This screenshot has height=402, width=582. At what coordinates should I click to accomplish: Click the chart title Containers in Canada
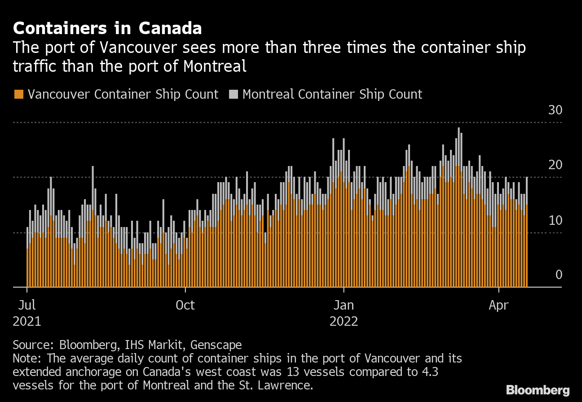tap(107, 29)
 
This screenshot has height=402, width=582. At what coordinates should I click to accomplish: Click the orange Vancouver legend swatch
tap(18, 94)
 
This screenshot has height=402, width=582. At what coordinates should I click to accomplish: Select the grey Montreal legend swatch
tap(234, 94)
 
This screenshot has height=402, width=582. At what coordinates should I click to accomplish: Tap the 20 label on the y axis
tap(555, 165)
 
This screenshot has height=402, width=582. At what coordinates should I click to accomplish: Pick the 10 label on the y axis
tap(555, 220)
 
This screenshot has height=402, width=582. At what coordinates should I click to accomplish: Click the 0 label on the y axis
tap(559, 275)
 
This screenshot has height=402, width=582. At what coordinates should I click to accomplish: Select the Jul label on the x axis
tap(27, 306)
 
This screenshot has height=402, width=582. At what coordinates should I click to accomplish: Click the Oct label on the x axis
tap(185, 306)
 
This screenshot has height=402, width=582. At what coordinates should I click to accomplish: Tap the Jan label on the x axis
tap(344, 306)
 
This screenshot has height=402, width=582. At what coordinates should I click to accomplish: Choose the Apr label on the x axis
tap(498, 306)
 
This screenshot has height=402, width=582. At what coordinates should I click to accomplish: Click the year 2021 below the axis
tap(27, 322)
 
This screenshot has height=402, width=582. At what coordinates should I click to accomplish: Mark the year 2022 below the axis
tap(344, 322)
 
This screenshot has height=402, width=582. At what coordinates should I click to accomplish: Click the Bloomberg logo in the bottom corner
tap(538, 389)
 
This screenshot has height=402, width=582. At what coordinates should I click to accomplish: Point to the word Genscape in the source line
tap(216, 345)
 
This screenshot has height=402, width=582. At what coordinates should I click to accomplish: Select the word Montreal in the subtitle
tap(215, 66)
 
